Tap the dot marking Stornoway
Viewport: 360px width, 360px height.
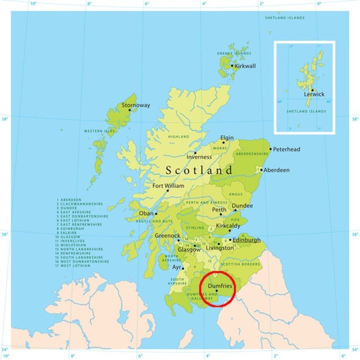[x=129, y=110]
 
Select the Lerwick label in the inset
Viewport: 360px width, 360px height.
[x=314, y=94]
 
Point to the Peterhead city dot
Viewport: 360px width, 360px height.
[x=270, y=149]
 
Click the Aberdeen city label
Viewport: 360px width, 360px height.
[x=276, y=170]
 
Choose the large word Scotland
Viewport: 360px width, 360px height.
[x=199, y=170]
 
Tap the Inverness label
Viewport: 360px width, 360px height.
[x=199, y=157]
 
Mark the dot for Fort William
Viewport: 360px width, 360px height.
[x=168, y=190]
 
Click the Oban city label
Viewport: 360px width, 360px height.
[x=145, y=213]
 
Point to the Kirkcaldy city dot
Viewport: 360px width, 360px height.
[x=230, y=231]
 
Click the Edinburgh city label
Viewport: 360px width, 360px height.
[x=246, y=240]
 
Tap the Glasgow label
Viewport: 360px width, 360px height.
[x=189, y=249]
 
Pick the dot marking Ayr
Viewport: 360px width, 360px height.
[x=183, y=269]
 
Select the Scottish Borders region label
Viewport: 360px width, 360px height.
[x=240, y=264]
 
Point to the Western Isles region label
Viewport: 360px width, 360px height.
[x=99, y=131]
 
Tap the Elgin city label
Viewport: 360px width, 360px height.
[x=227, y=138]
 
